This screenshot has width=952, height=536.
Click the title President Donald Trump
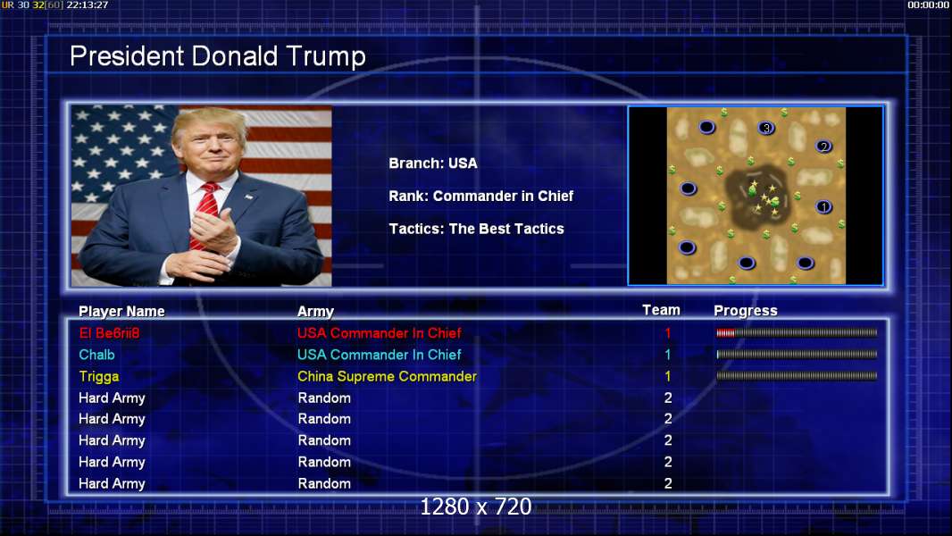coord(217,56)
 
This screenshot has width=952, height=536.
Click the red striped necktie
coord(204,213)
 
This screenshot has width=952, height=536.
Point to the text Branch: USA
coord(433,163)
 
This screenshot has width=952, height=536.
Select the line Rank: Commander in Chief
coord(480,196)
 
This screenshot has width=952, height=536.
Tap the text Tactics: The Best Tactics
coord(477,229)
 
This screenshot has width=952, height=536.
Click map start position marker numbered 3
coord(766,128)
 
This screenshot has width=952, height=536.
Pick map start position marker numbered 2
coord(823,147)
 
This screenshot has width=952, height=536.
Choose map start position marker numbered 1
coord(823,207)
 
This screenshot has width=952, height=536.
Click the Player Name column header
coord(121,312)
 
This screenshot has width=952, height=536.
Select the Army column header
coord(316,312)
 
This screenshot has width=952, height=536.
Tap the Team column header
coord(661,310)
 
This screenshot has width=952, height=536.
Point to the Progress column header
coord(746,311)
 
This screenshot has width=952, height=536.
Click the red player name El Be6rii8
coord(109,332)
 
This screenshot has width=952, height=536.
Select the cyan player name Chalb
coord(96,355)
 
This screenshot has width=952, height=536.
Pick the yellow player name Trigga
coord(99,377)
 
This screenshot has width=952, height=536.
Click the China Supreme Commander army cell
coord(387,376)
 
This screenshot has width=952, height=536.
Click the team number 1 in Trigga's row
coord(668,376)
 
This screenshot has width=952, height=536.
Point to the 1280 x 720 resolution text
coord(476,507)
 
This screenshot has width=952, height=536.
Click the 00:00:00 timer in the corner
coord(928,4)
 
